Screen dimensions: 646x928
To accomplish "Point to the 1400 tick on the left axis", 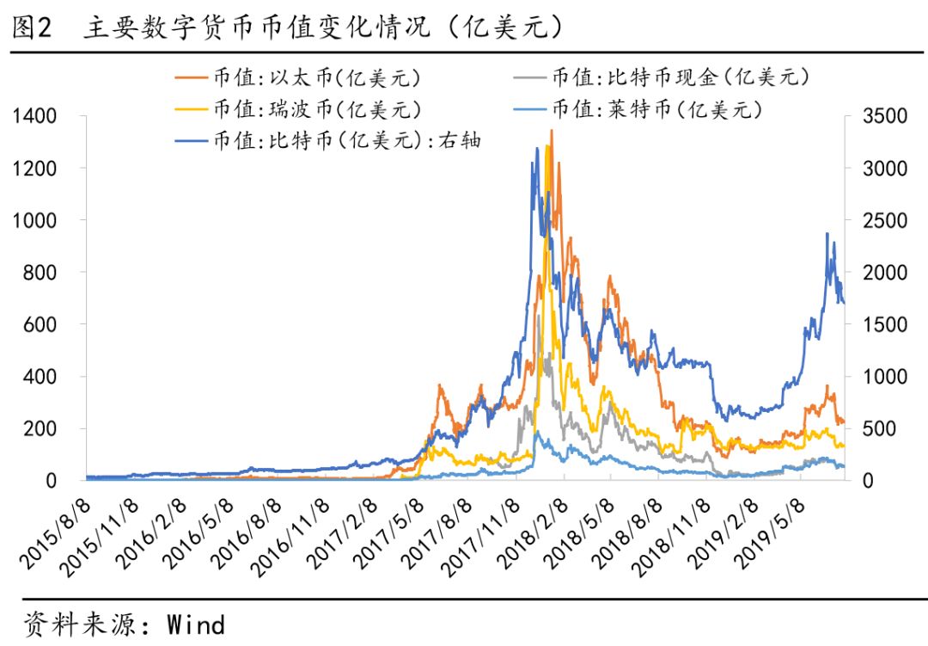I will tap(34, 116).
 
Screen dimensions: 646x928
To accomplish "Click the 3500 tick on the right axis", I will tap(884, 116).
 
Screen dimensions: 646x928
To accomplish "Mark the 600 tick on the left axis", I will tap(40, 324).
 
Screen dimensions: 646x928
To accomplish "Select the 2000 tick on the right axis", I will tap(884, 273).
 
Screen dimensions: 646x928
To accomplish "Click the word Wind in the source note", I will tap(196, 624).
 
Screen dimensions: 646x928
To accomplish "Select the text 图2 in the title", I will tap(33, 28).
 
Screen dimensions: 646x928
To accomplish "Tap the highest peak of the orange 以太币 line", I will tap(551, 131).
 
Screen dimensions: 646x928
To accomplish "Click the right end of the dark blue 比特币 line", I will tap(844, 302).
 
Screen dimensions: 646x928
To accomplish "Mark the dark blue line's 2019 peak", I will tap(827, 233).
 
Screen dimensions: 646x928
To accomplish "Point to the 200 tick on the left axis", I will tap(40, 428).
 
